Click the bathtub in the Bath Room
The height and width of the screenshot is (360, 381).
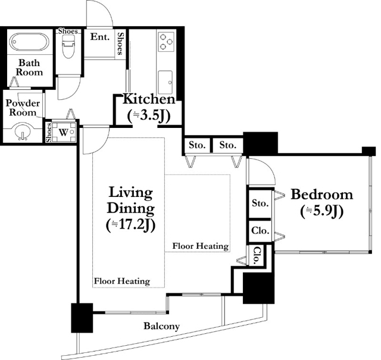pyautogui.click(x=30, y=43)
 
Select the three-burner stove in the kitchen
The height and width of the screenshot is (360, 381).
pyautogui.click(x=165, y=42)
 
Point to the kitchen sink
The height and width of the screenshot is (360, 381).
pyautogui.click(x=165, y=78)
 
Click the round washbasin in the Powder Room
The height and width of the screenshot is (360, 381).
pyautogui.click(x=23, y=130)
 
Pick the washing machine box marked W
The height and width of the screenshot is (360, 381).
pyautogui.click(x=64, y=131)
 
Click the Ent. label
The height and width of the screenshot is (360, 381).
pyautogui.click(x=99, y=37)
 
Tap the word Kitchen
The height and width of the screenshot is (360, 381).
pyautogui.click(x=149, y=99)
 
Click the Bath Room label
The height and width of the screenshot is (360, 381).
pyautogui.click(x=29, y=67)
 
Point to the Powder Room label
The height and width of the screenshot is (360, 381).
pyautogui.click(x=23, y=107)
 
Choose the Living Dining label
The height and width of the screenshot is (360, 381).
pyautogui.click(x=130, y=201)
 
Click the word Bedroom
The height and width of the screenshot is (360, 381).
pyautogui.click(x=321, y=195)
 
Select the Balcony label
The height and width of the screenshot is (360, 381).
pyautogui.click(x=161, y=326)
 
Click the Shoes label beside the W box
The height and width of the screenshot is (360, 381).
pyautogui.click(x=48, y=132)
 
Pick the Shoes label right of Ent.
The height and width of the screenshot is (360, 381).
pyautogui.click(x=120, y=43)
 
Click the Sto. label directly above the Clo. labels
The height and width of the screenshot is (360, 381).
pyautogui.click(x=260, y=204)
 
